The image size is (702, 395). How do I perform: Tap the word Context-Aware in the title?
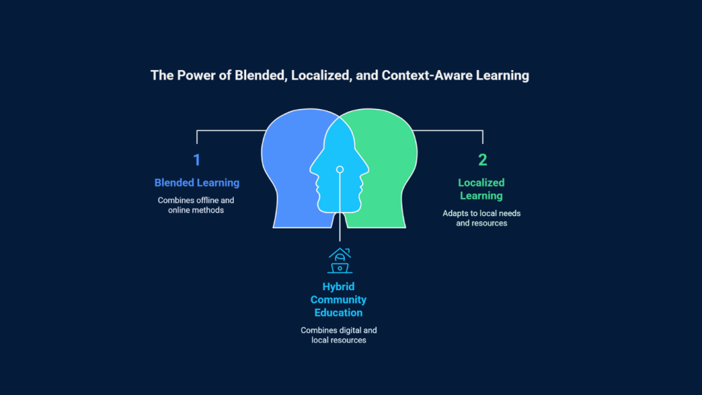click(426, 75)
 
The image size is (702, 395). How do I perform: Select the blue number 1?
click(197, 160)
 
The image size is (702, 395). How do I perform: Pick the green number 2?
click(482, 160)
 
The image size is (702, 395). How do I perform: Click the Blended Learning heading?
click(197, 182)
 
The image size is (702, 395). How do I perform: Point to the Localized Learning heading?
click(481, 189)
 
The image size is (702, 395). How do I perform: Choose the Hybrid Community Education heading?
click(339, 300)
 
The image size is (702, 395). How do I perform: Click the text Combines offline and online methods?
click(195, 205)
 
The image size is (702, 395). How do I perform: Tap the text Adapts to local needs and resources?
click(482, 218)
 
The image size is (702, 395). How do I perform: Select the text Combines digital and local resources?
click(339, 335)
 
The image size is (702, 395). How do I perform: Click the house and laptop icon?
click(340, 260)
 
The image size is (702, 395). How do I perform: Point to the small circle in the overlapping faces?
click(340, 169)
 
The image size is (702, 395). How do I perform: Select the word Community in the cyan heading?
click(339, 300)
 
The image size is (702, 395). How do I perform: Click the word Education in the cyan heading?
click(339, 313)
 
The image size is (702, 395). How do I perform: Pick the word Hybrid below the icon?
click(339, 287)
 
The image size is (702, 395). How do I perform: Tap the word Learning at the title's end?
click(503, 75)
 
